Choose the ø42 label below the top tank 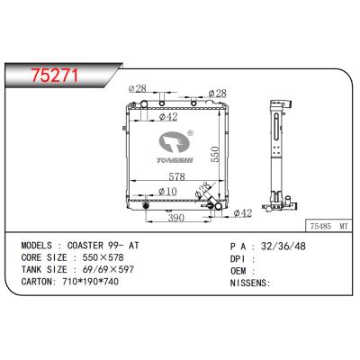166,115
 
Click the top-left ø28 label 138,87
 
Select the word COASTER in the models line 94,244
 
